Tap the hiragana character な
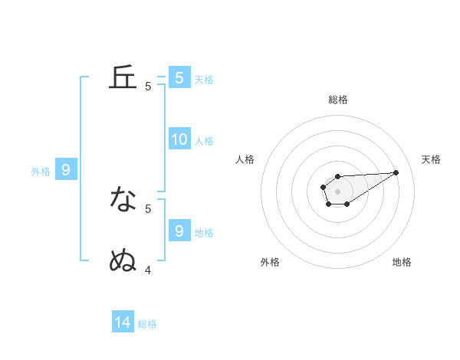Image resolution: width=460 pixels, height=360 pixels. (123, 200)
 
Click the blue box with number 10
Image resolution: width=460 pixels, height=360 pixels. (179, 139)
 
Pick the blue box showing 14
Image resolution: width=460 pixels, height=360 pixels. (123, 322)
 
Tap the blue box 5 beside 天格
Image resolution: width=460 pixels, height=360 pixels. (179, 78)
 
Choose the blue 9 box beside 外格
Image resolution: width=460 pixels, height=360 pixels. (66, 170)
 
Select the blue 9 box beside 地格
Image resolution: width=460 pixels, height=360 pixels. (179, 231)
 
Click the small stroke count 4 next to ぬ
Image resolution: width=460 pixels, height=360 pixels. (148, 270)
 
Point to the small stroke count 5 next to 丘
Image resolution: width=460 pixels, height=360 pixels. (148, 87)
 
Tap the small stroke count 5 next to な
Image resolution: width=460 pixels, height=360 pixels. (148, 208)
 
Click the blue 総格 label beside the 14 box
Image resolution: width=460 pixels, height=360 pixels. (147, 324)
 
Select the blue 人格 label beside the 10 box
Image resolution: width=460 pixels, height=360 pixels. (204, 141)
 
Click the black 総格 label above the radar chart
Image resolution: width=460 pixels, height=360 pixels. (337, 100)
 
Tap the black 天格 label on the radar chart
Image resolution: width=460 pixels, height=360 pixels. (432, 159)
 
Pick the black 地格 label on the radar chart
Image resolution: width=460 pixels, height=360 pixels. (402, 262)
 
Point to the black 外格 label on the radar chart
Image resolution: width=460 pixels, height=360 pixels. (270, 262)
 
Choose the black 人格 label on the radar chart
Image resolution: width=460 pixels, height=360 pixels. (245, 159)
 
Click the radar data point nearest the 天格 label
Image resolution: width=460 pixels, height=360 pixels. (396, 172)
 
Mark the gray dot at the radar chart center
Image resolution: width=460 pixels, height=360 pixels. (337, 191)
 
